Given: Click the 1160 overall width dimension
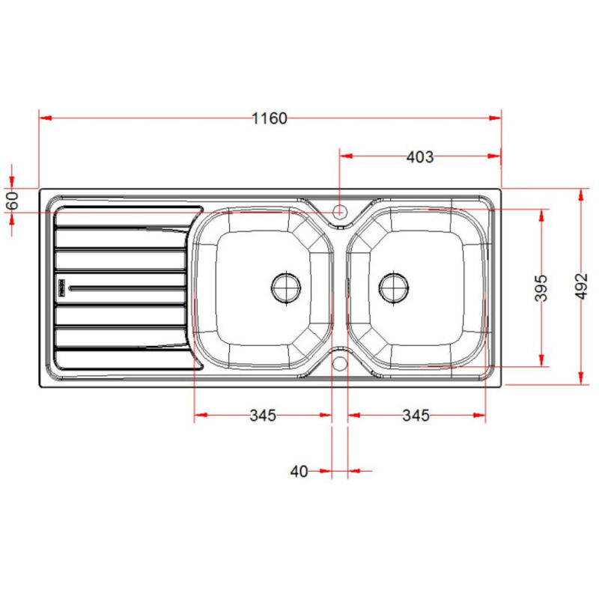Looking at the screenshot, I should pyautogui.click(x=270, y=118).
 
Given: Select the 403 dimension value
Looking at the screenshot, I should pyautogui.click(x=420, y=156).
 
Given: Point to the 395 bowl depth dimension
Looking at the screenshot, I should pyautogui.click(x=541, y=288).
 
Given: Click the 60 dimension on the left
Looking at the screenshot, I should pyautogui.click(x=11, y=201).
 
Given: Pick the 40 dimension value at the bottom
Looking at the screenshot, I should pyautogui.click(x=299, y=471).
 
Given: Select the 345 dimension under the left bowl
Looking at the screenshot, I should pyautogui.click(x=263, y=415).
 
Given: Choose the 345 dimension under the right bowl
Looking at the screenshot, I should pyautogui.click(x=416, y=415).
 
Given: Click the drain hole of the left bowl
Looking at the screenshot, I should pyautogui.click(x=286, y=287).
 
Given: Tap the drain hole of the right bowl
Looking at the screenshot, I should pyautogui.click(x=394, y=287).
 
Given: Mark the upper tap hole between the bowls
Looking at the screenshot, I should pyautogui.click(x=339, y=211).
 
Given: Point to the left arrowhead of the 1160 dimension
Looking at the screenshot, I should pyautogui.click(x=43, y=118).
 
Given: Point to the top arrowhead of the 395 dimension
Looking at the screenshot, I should pyautogui.click(x=541, y=213).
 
